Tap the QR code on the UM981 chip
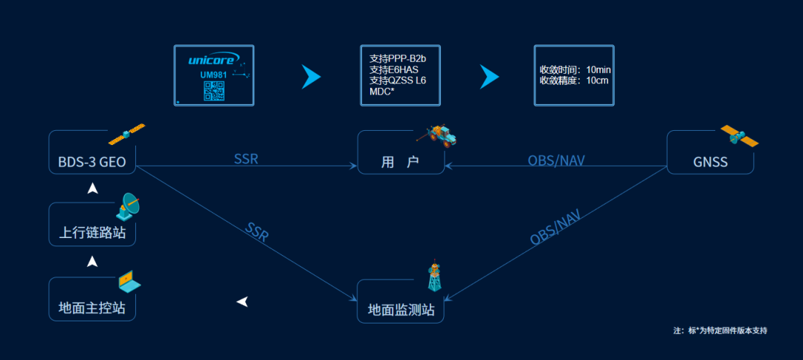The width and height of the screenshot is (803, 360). coord(214,91)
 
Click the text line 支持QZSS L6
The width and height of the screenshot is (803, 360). coord(398,80)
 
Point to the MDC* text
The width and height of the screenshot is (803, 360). coord(381,91)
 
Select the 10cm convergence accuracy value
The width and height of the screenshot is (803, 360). coord(598,80)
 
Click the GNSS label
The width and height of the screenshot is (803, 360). coord(709,161)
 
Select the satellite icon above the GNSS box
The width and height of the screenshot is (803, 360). coord(739,136)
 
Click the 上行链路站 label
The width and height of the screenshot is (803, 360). coord(92,234)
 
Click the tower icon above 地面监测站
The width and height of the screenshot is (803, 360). coord(434,277)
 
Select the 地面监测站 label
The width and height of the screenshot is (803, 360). coord(401,309)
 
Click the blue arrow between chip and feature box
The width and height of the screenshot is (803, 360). coord(310,77)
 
